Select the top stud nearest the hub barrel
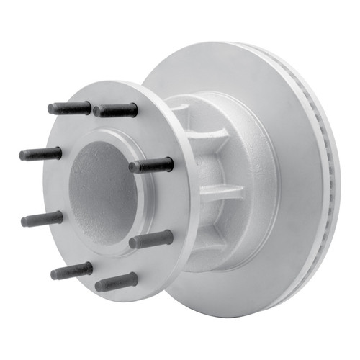click(115, 110)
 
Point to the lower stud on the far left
click(42, 219)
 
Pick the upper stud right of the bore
click(151, 165)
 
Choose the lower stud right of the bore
click(151, 239)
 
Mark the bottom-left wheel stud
click(72, 271)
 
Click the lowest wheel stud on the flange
click(116, 282)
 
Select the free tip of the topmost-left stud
click(52, 109)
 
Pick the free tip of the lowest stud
click(99, 285)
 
